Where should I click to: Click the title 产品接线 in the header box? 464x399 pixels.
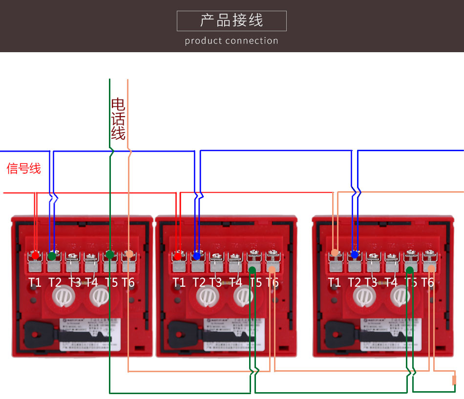pos(232,20)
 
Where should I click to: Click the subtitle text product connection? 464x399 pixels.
pos(232,41)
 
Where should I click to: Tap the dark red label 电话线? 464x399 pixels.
pos(118,119)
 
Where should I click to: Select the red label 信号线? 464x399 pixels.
pos(24,169)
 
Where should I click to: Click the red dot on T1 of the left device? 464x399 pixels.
pos(36,255)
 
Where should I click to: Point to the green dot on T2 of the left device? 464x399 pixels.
pos(52,256)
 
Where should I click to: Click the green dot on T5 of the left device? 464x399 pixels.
pos(110,254)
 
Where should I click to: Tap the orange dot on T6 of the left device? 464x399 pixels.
pos(129,254)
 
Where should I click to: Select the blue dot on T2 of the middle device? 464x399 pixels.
pos(197,255)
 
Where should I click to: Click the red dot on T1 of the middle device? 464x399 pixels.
pos(178,256)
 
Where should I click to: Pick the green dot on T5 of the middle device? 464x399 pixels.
pos(252,270)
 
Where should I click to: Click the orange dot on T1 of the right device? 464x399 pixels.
pos(335,253)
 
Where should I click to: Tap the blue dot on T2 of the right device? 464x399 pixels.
pos(355,254)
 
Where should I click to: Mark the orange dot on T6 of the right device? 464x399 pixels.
pos(431,269)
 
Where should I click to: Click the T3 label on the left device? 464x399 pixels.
pos(74,282)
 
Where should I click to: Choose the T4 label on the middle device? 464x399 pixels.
pos(235,282)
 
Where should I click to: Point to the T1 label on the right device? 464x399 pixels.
pos(335,282)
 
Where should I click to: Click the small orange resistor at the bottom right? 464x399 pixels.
pos(454,379)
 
